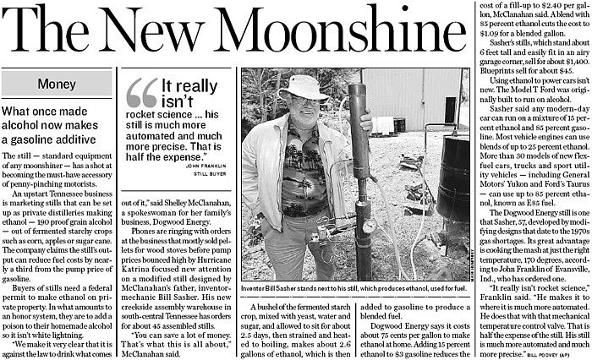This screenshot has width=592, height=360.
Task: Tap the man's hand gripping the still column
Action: point(365,122)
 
